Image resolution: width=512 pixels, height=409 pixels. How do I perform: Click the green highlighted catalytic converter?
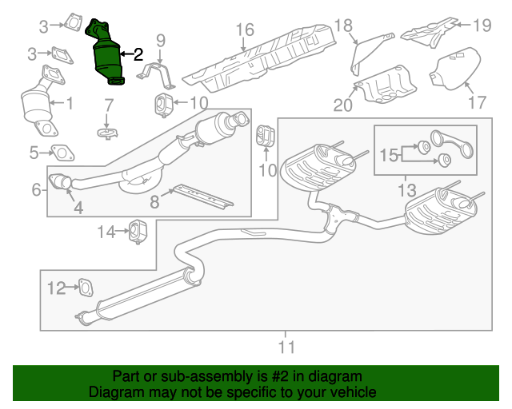108,56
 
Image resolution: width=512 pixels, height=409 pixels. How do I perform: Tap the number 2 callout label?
138,54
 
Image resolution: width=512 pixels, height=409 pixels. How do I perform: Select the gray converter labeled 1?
36,104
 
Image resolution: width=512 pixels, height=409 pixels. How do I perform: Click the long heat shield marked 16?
264,56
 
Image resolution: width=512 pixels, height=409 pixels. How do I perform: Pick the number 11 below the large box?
286,347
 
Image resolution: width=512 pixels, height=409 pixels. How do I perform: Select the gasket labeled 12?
82,287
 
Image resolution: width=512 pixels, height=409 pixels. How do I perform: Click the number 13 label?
407,190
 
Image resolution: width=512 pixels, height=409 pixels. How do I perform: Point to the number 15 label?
388,155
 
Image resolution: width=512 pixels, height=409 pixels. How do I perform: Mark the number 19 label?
480,25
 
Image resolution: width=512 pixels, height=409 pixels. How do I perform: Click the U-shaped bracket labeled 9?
160,69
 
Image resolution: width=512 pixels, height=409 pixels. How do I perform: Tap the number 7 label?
110,104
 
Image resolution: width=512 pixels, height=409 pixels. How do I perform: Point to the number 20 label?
343,104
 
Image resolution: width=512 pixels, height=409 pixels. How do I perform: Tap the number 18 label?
342,25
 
